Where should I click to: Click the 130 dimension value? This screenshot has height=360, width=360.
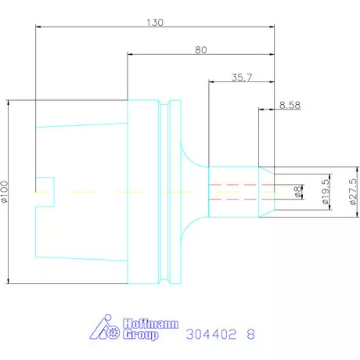(x=155, y=23)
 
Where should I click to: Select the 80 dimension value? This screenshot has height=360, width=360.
(x=201, y=50)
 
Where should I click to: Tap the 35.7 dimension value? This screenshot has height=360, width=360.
(x=242, y=77)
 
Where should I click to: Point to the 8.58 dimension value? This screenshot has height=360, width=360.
(x=290, y=105)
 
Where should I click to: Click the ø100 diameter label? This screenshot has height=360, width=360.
(x=5, y=192)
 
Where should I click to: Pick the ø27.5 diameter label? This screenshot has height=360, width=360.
(x=352, y=192)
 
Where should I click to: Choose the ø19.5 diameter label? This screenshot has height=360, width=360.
(x=325, y=192)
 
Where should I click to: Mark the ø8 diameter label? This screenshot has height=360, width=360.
(x=297, y=193)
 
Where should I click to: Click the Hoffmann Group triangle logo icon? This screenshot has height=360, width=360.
(x=105, y=327)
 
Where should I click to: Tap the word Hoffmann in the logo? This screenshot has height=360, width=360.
(x=150, y=324)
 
